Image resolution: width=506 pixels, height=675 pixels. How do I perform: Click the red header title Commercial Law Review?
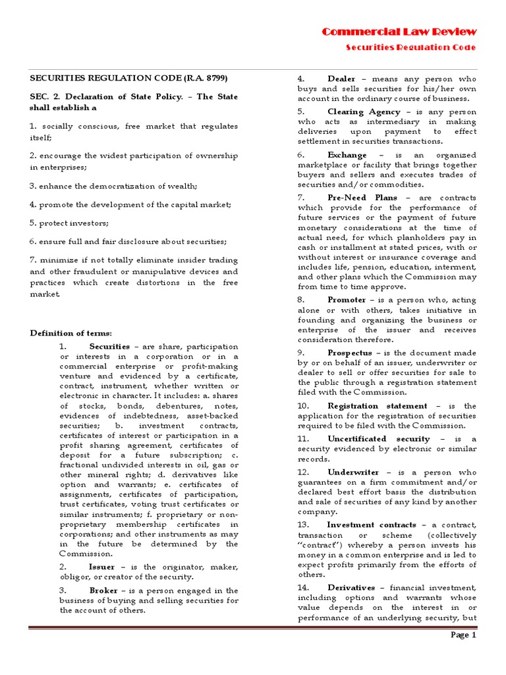399,32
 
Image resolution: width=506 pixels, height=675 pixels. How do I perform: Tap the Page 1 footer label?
463,635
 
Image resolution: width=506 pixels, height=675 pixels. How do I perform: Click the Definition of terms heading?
71,333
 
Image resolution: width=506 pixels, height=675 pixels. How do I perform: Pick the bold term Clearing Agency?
364,112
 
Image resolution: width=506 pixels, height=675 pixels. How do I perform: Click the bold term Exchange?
347,155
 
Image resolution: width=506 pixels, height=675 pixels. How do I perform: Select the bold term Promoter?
347,300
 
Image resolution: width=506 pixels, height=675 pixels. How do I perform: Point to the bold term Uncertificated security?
379,439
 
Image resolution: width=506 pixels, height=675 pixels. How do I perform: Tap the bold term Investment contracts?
372,525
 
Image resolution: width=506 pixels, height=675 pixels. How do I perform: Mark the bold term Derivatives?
351,587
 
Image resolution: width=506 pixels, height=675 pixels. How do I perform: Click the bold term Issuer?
101,567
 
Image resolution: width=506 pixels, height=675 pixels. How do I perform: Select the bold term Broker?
103,591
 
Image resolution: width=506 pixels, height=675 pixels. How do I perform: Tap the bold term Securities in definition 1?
109,347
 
